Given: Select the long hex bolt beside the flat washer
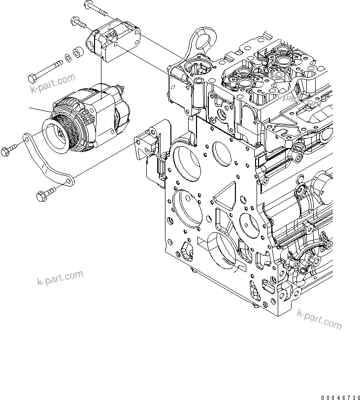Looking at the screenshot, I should point(47,71).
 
